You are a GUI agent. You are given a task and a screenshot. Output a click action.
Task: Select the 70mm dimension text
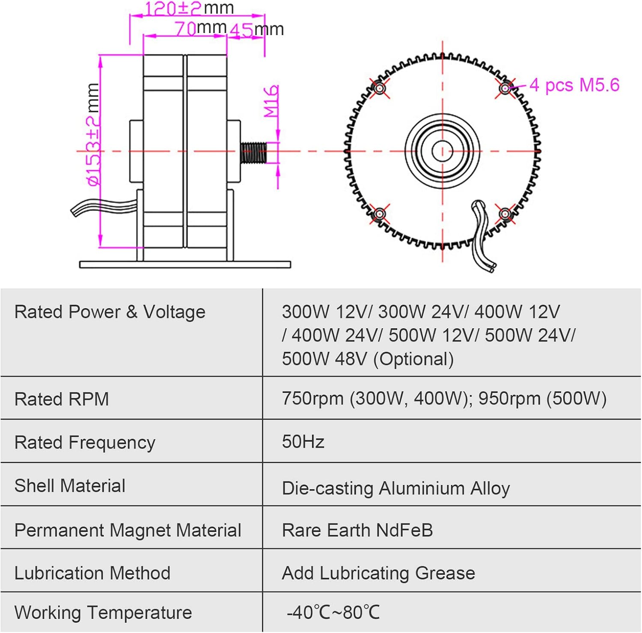[x=200, y=28]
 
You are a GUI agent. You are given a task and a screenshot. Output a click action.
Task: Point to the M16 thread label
[x=271, y=101]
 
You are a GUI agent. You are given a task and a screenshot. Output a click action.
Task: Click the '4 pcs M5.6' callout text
[x=574, y=85]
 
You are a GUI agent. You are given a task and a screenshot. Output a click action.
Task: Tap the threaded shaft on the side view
[x=253, y=152]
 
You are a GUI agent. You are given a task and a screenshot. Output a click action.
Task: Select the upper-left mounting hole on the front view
[x=379, y=88]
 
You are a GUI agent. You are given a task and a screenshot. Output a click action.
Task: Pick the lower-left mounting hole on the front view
[x=379, y=214]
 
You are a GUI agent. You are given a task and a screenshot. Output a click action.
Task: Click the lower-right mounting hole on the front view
[x=505, y=214]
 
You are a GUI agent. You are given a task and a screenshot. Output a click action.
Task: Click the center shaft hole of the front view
[x=442, y=151]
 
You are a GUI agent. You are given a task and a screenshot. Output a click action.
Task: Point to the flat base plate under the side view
[x=185, y=264]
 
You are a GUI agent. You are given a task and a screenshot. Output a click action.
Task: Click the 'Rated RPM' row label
[x=62, y=399]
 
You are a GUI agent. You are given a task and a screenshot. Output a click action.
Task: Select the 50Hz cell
[x=303, y=442]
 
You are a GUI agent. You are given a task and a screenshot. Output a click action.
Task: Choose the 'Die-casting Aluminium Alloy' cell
[x=395, y=488]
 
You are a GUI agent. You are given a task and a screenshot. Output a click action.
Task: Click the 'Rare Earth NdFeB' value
[x=357, y=530]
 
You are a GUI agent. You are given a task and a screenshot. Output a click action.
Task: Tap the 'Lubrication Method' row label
[x=92, y=573]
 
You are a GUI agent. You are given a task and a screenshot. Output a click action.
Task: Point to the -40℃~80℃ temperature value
[x=333, y=612]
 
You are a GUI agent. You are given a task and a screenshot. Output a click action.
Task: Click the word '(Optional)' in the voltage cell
[x=413, y=359]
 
